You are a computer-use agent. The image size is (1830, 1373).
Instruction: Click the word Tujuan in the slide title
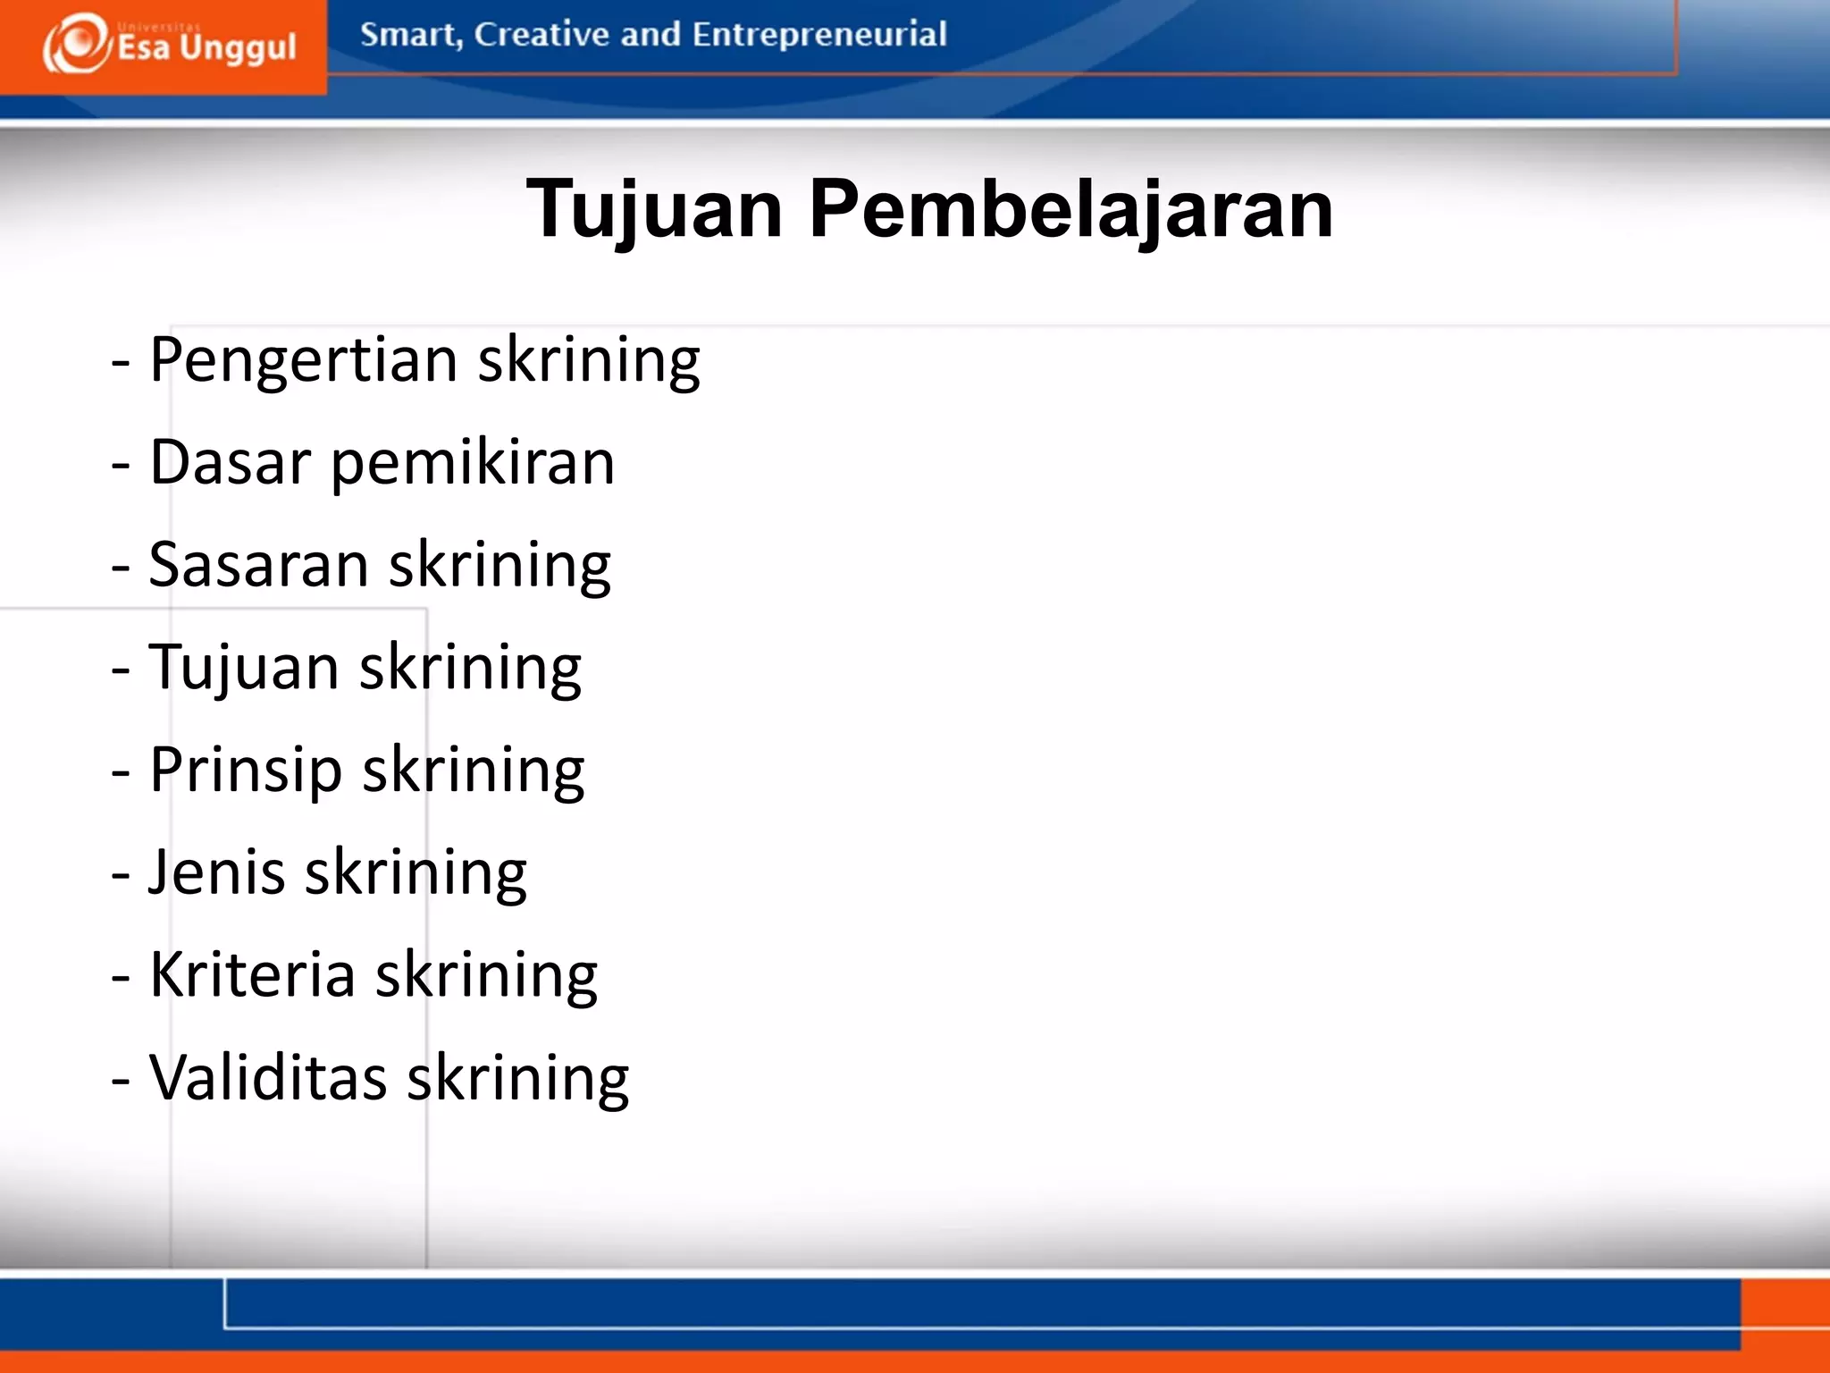point(654,211)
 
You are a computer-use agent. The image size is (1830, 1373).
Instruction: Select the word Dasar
point(230,463)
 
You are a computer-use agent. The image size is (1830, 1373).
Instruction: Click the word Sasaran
point(258,566)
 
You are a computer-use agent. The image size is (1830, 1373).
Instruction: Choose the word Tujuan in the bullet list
point(243,669)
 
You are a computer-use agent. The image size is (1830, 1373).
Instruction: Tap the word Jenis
point(216,873)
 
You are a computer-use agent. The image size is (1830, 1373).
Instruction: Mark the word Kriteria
point(252,975)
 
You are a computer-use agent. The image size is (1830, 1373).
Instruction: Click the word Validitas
point(267,1078)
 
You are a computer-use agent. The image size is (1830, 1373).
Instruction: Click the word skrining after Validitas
point(518,1080)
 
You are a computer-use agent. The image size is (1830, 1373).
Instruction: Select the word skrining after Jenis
point(416,875)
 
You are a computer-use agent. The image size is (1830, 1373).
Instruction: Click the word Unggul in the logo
point(238,46)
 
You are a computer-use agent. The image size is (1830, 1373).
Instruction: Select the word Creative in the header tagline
point(541,34)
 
